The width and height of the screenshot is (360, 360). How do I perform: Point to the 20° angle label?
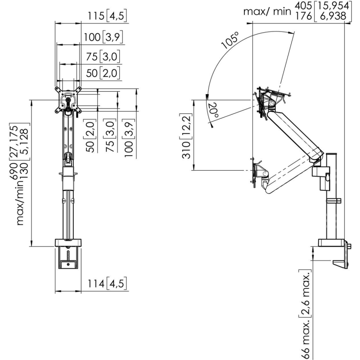click(x=213, y=110)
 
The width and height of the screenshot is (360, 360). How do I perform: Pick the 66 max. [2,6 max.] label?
click(x=306, y=314)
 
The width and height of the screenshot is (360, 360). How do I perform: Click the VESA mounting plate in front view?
click(x=68, y=100)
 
